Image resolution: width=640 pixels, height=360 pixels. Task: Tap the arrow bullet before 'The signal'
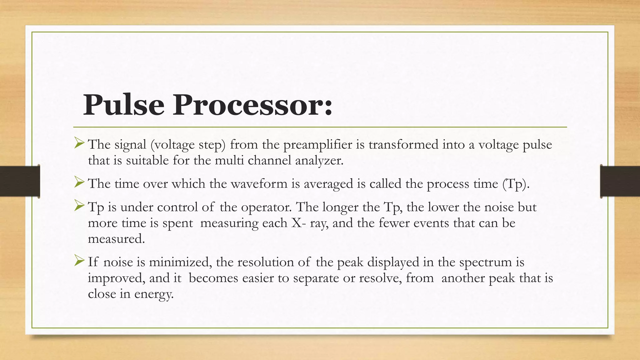[x=79, y=144]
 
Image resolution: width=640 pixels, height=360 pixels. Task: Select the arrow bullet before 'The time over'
[x=79, y=182]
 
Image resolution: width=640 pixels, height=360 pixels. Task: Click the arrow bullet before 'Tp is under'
[x=79, y=206]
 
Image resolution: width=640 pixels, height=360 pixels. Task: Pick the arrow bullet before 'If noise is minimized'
[x=79, y=261]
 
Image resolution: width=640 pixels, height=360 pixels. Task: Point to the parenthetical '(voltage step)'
[x=187, y=145]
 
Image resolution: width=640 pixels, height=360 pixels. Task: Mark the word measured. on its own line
[x=116, y=239]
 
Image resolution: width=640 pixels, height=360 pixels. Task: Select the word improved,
[x=116, y=278]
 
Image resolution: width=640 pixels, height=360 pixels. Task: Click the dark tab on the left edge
[x=20, y=181]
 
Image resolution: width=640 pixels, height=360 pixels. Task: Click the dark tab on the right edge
[x=620, y=181]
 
